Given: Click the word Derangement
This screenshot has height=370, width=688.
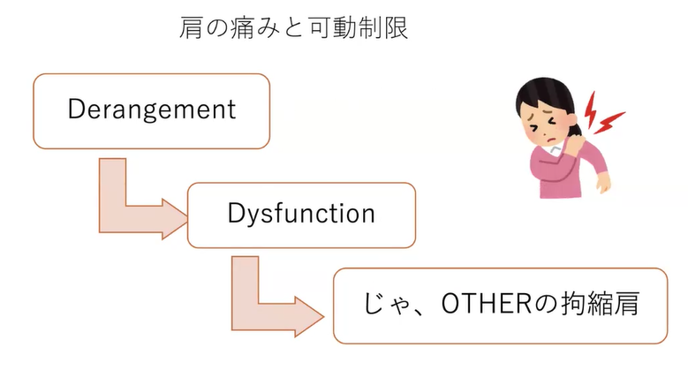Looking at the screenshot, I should pyautogui.click(x=151, y=109).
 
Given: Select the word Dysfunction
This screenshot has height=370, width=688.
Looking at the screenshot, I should pyautogui.click(x=300, y=214).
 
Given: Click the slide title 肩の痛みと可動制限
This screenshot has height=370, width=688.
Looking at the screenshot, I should pyautogui.click(x=293, y=29).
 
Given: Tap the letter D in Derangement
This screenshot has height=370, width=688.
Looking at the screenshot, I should pyautogui.click(x=76, y=109).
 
